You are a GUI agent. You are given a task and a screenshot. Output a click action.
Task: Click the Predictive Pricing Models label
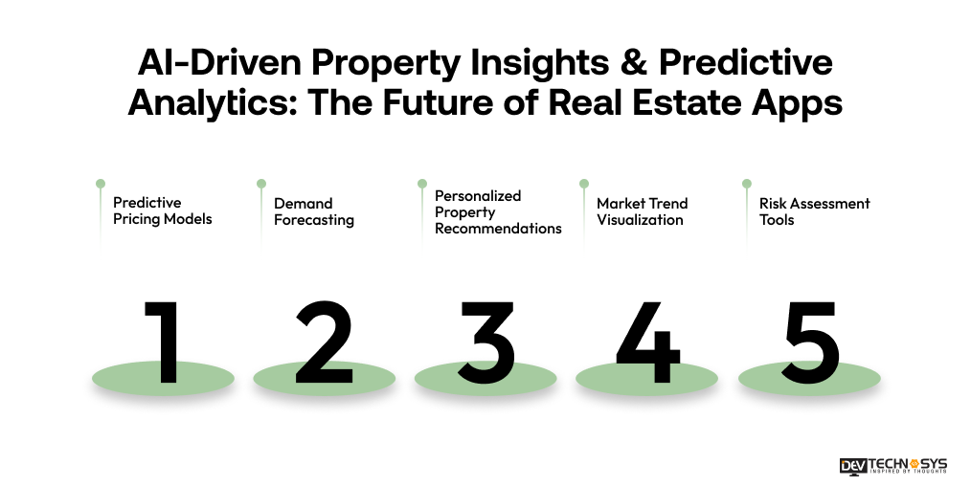tap(162, 210)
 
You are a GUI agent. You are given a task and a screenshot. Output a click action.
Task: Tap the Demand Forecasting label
tap(313, 211)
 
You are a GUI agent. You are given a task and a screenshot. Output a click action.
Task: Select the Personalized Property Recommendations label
tap(497, 211)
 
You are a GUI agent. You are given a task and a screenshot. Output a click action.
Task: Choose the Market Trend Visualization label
tap(642, 211)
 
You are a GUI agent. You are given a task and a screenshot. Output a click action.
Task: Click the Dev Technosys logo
tap(892, 466)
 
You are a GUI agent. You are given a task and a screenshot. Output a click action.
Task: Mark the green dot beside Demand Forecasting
tap(260, 183)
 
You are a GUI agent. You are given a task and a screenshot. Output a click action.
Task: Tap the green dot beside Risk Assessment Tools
tap(746, 183)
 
